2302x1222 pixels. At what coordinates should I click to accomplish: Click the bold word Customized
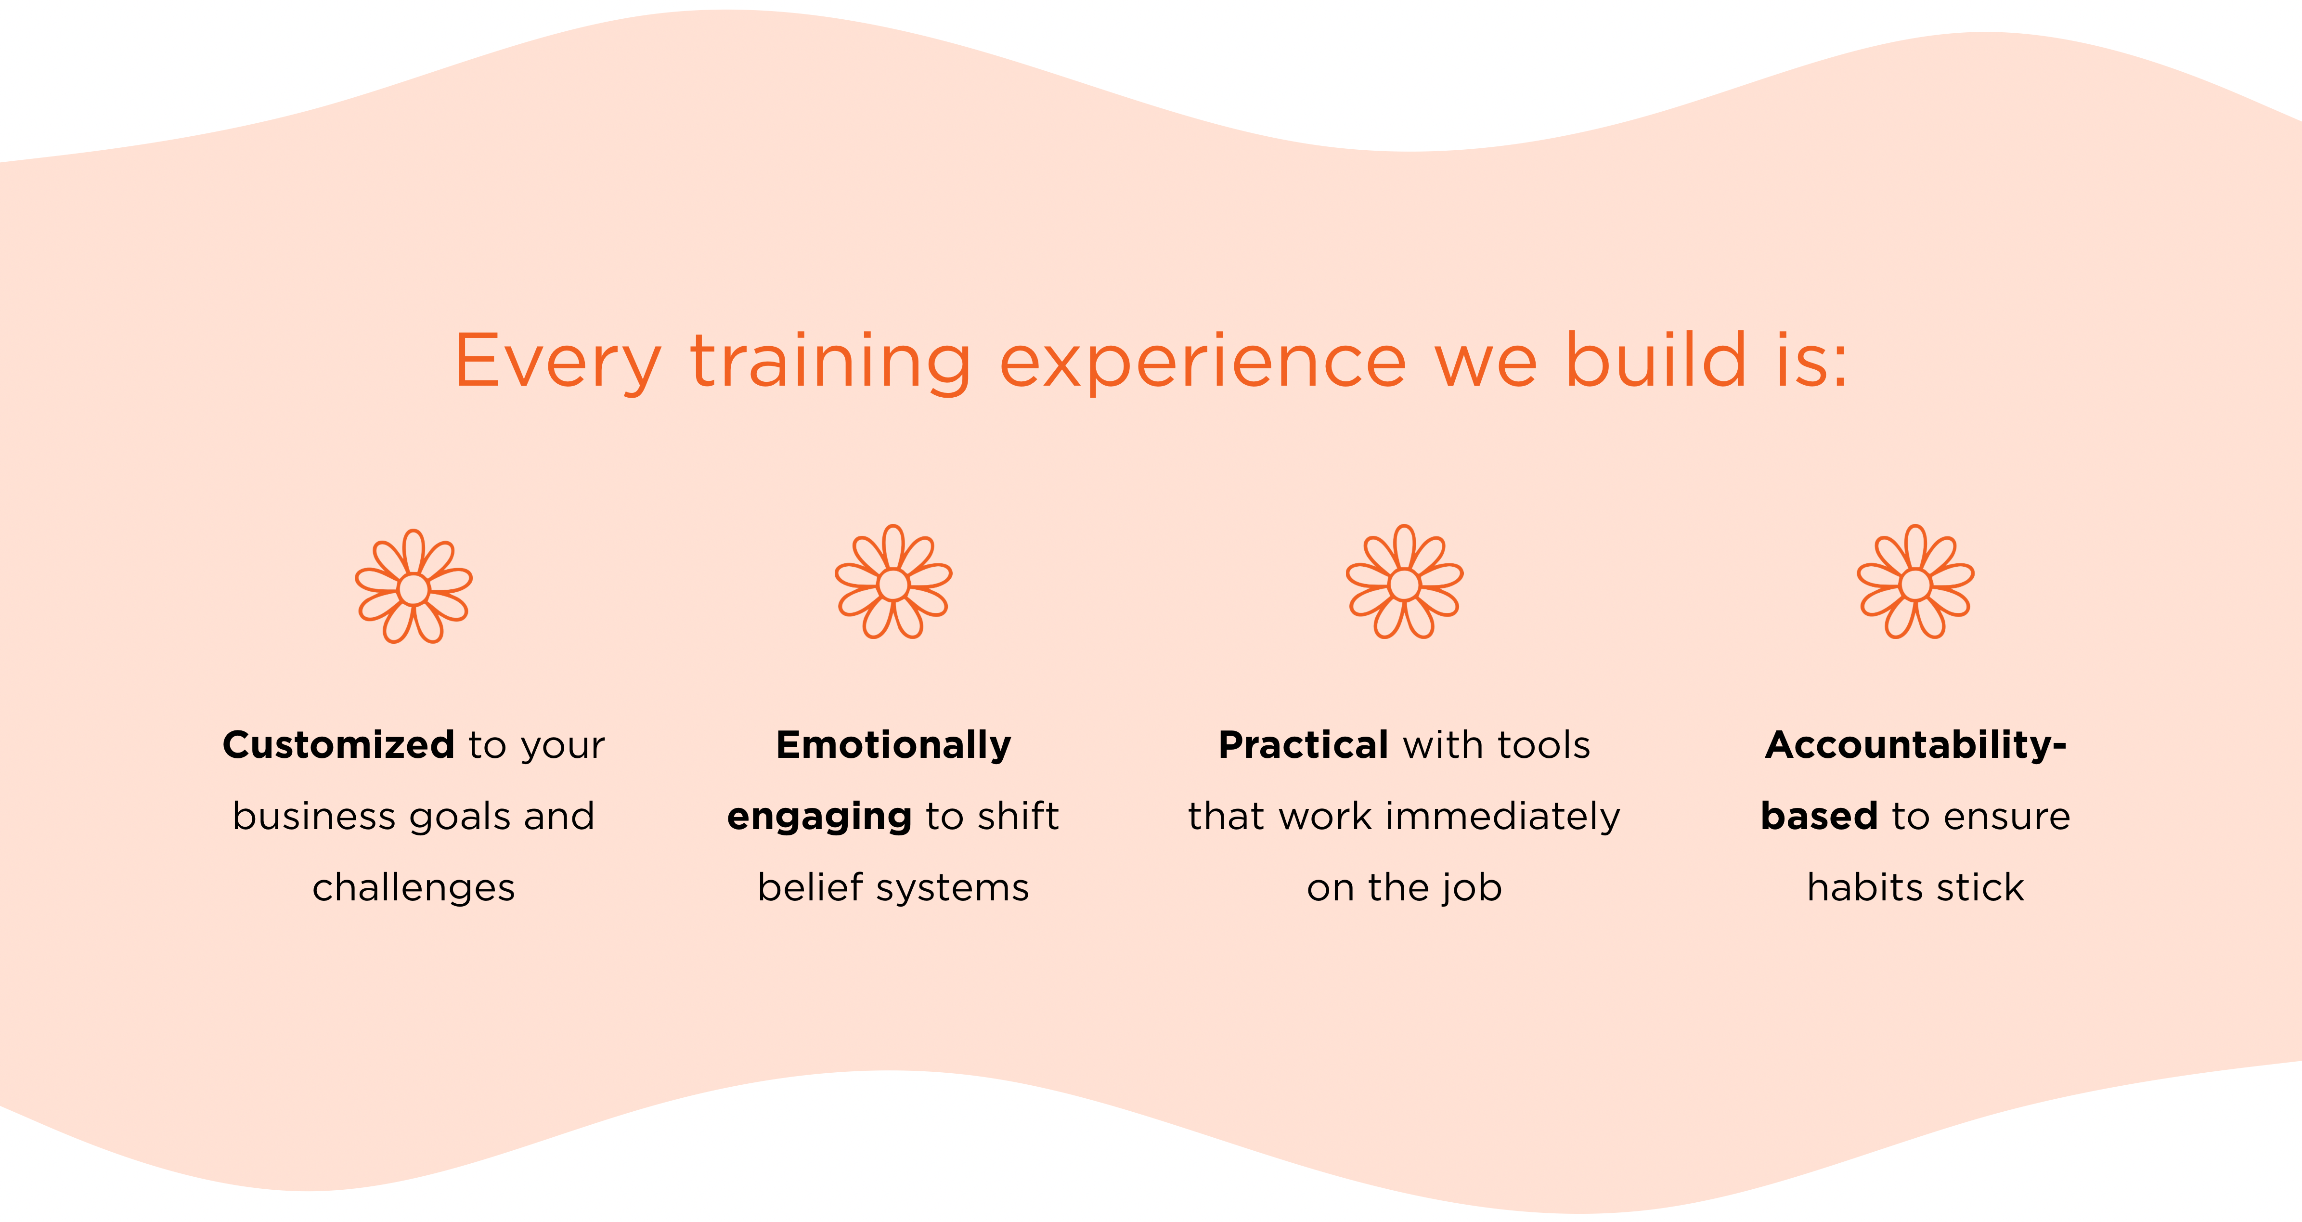[339, 745]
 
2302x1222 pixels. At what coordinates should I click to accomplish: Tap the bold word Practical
[1304, 745]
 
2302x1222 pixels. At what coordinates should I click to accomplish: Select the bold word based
[1820, 816]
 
